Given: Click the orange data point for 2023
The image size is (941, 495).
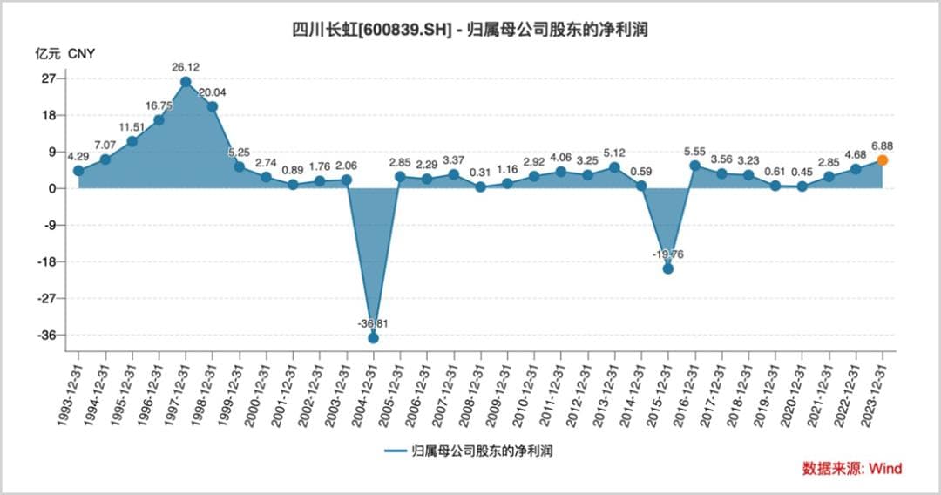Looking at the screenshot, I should click(x=883, y=160).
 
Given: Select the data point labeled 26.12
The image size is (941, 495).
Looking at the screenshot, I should click(x=186, y=82).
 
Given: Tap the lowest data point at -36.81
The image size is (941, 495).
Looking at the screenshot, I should click(x=373, y=337).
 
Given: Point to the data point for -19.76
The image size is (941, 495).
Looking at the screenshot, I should click(x=668, y=268).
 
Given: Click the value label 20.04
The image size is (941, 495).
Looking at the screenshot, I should click(x=213, y=93).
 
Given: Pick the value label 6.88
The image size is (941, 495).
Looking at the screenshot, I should click(x=882, y=146).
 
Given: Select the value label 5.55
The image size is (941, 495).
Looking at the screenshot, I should click(x=695, y=151).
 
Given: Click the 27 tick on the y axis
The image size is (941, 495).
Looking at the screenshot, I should click(x=48, y=78).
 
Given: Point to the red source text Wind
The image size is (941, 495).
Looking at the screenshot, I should click(x=884, y=468).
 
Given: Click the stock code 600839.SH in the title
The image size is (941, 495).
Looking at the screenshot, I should click(x=402, y=30).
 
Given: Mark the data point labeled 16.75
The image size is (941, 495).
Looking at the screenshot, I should click(x=159, y=119).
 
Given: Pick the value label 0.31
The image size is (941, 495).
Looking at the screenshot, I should click(x=480, y=173).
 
